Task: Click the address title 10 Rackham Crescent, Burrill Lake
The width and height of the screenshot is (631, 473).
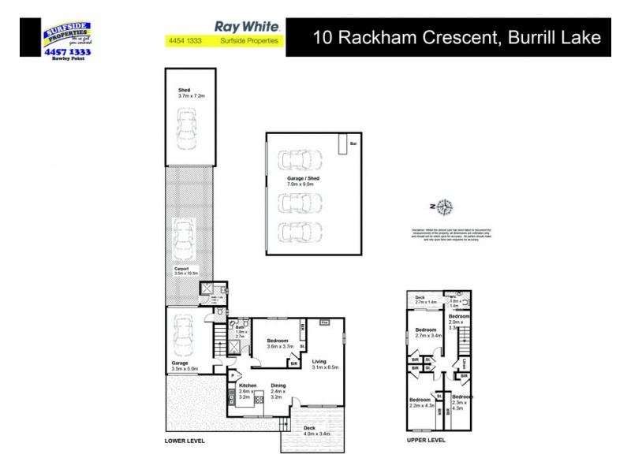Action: [457, 37]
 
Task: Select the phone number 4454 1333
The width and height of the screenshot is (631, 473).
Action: [181, 41]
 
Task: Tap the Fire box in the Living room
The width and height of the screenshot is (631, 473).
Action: [324, 322]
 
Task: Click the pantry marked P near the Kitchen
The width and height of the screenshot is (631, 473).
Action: [233, 374]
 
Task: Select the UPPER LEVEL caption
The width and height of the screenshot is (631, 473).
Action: [427, 441]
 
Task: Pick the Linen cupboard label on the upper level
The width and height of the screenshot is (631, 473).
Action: [465, 363]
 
